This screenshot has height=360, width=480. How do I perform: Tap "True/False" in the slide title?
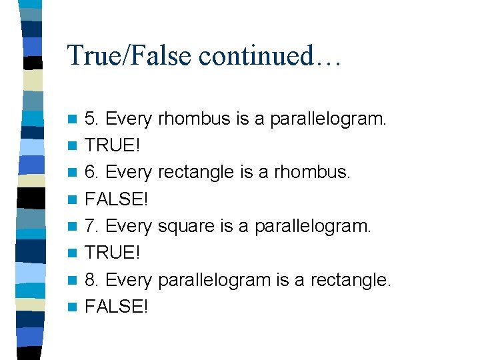(134, 55)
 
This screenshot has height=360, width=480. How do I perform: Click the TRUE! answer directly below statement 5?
(112, 146)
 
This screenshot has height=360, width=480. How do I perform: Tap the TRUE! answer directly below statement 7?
(112, 253)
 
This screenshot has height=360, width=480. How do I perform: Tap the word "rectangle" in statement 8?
(354, 280)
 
